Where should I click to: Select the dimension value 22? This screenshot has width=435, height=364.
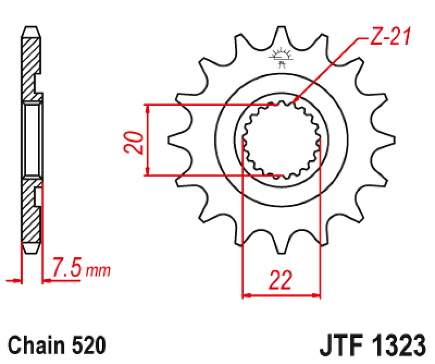pos(280,280)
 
